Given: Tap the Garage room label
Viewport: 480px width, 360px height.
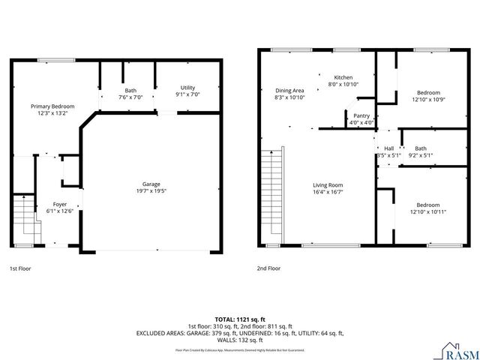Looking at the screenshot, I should [x=151, y=184].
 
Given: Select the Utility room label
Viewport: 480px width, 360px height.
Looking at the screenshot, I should [x=187, y=88].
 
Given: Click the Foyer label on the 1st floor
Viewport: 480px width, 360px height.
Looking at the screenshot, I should [x=59, y=204].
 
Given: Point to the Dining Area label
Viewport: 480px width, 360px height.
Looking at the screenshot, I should [x=289, y=90].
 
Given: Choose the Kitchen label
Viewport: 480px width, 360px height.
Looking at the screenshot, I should [x=343, y=77].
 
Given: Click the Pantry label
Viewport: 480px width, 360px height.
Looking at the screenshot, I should [x=361, y=115].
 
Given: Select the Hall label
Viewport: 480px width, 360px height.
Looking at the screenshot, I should [x=388, y=148].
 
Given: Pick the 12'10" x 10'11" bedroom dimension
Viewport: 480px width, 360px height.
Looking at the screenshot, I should [x=428, y=212].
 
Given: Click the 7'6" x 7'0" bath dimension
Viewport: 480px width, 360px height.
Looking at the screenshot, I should [x=130, y=97].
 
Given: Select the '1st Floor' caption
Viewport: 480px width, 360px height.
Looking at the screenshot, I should [x=20, y=268].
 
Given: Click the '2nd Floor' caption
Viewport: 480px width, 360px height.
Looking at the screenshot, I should [x=268, y=268].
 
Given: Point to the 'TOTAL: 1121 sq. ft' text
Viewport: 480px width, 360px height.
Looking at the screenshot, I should [x=239, y=319].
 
